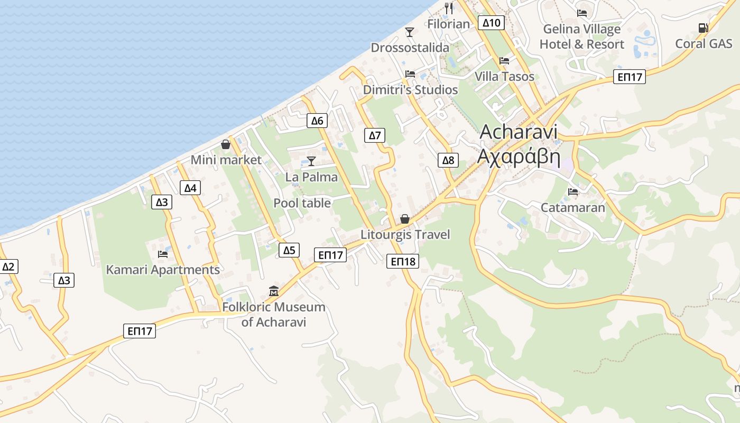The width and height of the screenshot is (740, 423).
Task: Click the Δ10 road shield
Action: click(491, 23)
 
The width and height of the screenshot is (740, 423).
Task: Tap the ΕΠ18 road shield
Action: click(402, 261)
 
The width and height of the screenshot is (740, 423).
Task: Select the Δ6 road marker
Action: click(317, 121)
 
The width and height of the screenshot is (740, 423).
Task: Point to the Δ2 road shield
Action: click(8, 266)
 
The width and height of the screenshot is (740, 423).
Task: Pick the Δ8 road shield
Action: click(448, 160)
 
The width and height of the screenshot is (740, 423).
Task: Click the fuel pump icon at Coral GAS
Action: click(703, 28)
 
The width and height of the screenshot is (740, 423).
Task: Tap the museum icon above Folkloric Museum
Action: click(274, 291)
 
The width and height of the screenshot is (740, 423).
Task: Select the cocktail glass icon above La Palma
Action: click(311, 161)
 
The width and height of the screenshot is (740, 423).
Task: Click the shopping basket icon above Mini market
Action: click(226, 144)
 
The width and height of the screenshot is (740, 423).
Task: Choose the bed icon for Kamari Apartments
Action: click(163, 254)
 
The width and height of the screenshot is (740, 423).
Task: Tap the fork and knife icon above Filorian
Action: click(449, 8)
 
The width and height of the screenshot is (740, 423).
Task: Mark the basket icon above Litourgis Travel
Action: click(405, 219)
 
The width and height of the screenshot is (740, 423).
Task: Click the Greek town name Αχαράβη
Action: click(518, 157)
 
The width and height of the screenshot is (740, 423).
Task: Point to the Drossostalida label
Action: click(410, 48)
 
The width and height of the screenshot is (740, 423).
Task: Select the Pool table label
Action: click(302, 203)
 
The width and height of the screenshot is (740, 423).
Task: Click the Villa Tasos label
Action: click(504, 76)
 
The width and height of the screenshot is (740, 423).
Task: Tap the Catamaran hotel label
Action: click(572, 207)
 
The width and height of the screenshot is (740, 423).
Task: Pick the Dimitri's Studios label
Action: click(410, 90)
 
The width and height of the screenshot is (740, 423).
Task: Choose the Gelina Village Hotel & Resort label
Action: click(582, 36)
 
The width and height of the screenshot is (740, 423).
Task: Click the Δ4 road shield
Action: click(190, 188)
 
